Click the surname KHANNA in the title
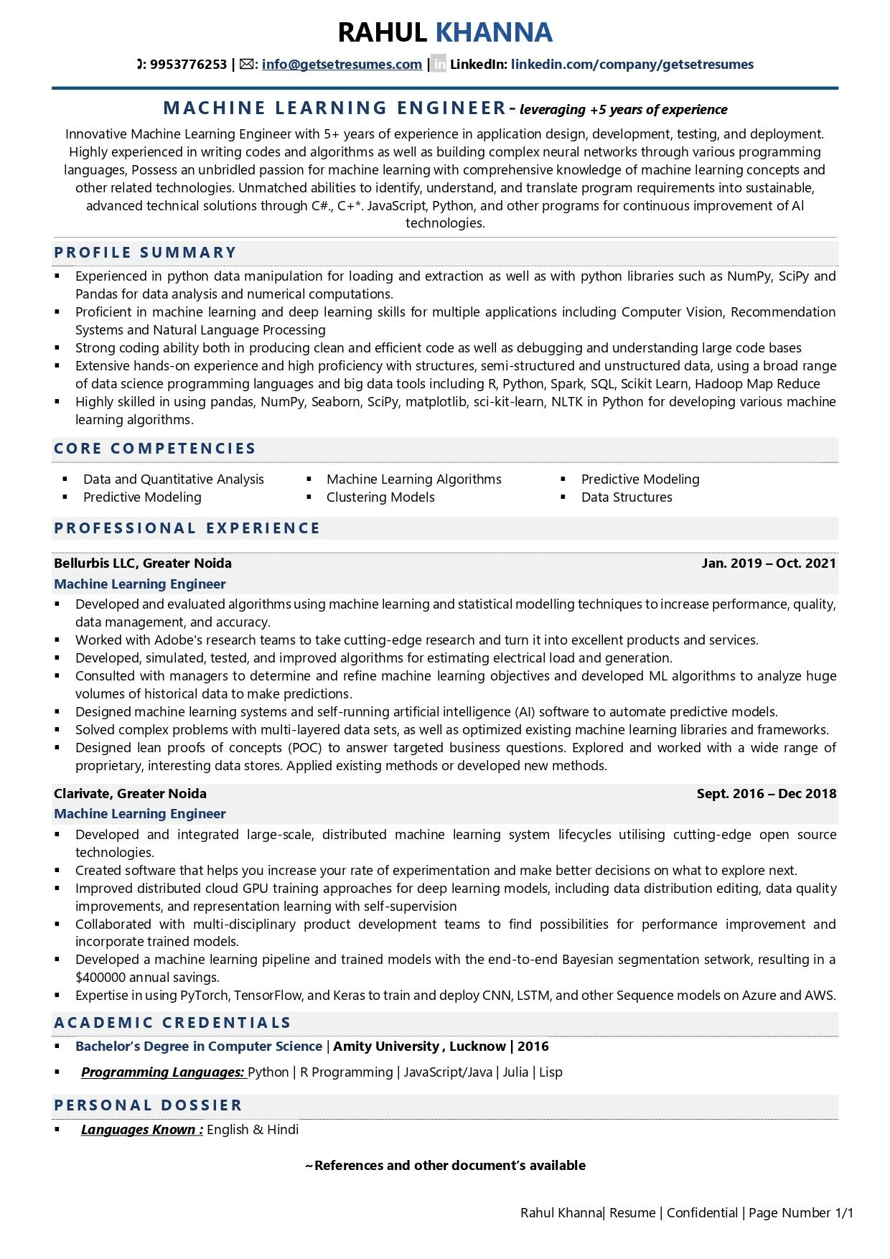[494, 32]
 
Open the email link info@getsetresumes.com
[342, 65]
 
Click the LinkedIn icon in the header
[439, 65]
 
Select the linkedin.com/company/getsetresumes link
[632, 65]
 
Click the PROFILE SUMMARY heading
[146, 253]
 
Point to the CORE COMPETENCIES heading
[155, 449]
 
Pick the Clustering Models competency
[380, 497]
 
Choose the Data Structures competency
[627, 497]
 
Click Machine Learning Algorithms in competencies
[413, 479]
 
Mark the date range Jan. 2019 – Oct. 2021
[769, 563]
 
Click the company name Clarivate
[83, 794]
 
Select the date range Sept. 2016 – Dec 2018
[767, 794]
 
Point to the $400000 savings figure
[100, 978]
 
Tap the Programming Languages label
[162, 1072]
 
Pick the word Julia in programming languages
[515, 1072]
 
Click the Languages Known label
[141, 1130]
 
